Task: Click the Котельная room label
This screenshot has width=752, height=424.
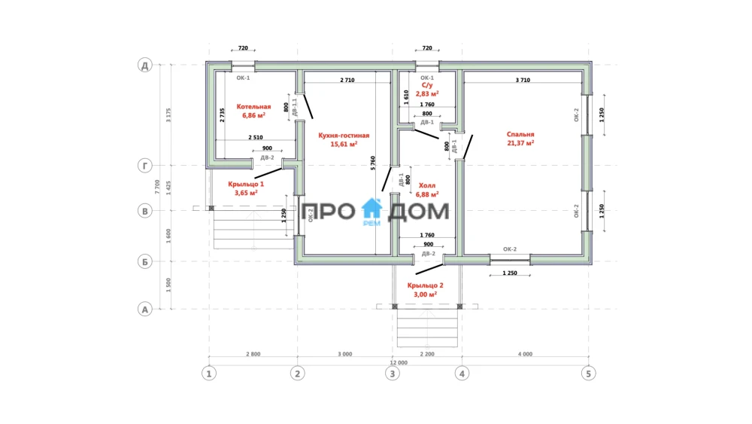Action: pyautogui.click(x=253, y=107)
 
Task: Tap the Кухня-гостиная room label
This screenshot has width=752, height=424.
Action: pyautogui.click(x=344, y=136)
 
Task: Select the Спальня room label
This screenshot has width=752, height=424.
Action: pyautogui.click(x=520, y=135)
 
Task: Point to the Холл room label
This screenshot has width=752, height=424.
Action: pyautogui.click(x=427, y=185)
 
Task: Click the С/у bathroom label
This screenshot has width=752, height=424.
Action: pyautogui.click(x=427, y=85)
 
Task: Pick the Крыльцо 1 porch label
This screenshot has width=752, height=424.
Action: pyautogui.click(x=246, y=184)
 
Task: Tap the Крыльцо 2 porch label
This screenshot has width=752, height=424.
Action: pyautogui.click(x=426, y=285)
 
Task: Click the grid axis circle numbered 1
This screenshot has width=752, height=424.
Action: pyautogui.click(x=208, y=373)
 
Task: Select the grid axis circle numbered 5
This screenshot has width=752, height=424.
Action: pyautogui.click(x=589, y=373)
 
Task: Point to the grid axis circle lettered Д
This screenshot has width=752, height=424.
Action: pyautogui.click(x=145, y=65)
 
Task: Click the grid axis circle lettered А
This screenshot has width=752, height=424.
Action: pyautogui.click(x=145, y=309)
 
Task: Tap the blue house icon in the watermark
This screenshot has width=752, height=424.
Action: pyautogui.click(x=371, y=209)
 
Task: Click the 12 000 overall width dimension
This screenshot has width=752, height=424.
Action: pyautogui.click(x=399, y=362)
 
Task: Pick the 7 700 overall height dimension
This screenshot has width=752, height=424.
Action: pyautogui.click(x=158, y=187)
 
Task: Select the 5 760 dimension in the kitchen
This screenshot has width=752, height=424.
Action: pyautogui.click(x=373, y=163)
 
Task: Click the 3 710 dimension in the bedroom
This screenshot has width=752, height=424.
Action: pyautogui.click(x=523, y=80)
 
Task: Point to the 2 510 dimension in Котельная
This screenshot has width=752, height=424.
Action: pyautogui.click(x=256, y=137)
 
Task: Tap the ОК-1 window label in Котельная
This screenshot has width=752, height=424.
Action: pyautogui.click(x=243, y=78)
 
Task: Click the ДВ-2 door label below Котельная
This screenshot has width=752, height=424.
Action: pyautogui.click(x=267, y=157)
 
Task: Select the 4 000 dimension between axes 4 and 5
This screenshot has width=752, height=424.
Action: pyautogui.click(x=525, y=354)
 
